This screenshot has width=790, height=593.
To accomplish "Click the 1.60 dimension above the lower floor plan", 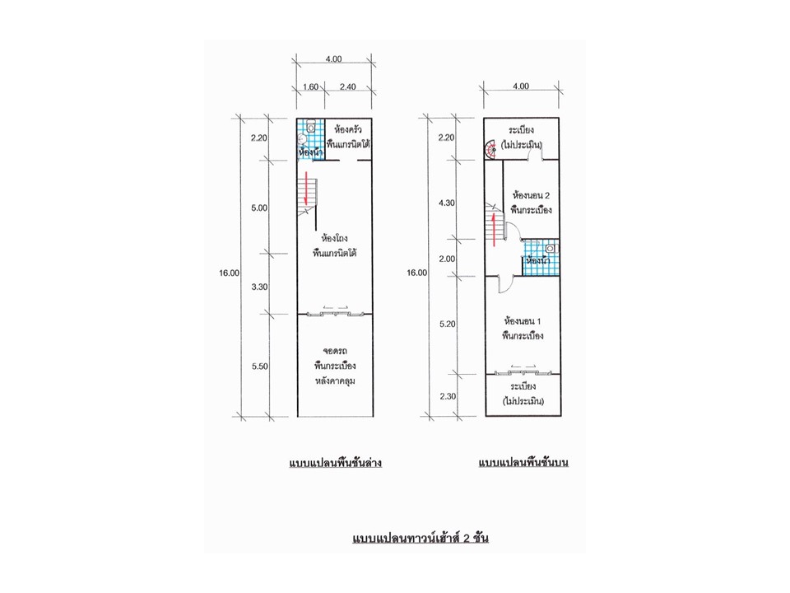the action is coord(310,86).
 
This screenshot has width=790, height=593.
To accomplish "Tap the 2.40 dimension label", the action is coord(347,86).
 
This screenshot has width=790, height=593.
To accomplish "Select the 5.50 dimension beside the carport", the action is coord(260,367).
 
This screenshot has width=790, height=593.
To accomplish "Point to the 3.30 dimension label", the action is coord(259,287).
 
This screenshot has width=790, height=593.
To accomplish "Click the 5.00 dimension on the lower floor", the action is coord(259,208).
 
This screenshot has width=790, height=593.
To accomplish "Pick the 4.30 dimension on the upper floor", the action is coord(446,203).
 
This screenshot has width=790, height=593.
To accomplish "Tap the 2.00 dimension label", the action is coord(447,259).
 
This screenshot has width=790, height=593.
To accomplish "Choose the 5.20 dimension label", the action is coord(448,325).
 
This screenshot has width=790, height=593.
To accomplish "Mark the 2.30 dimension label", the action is coord(448,396).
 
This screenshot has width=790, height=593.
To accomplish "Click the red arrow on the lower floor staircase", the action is coord(306,189).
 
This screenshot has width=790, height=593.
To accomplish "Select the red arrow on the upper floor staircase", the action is coord(495,230).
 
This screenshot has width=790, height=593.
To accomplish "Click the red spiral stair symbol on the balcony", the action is coord(491,149).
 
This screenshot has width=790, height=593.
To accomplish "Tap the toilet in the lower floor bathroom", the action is coord(311,126).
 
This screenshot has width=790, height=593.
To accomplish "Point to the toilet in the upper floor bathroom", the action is coord(551,249).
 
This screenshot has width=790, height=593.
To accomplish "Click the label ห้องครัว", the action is coord(348,129).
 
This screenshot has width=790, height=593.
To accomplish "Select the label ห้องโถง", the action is coord(335,238).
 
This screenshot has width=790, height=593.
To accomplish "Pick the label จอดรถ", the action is coord(335,351).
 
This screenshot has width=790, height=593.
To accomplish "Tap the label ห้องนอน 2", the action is coord(531,195).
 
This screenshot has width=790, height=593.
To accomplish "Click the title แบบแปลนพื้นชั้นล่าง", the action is coord(336,463).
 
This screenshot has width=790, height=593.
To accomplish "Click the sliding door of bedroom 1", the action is coord(523,372).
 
